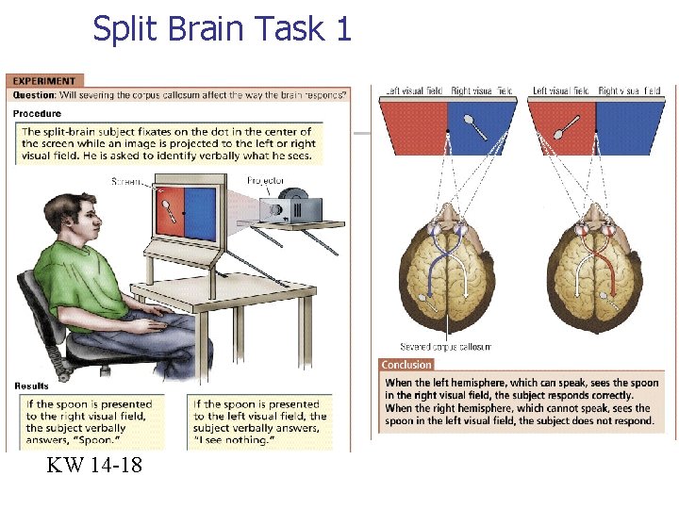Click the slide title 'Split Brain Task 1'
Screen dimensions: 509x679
[222, 29]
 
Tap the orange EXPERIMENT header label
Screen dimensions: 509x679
[44, 81]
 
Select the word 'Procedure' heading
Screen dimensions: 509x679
[37, 113]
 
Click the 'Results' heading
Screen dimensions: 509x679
[32, 386]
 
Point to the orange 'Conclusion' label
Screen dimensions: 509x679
[406, 365]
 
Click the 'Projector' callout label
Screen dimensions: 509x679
[265, 180]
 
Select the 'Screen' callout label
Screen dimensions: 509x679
[126, 181]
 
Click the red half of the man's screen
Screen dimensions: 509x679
[169, 211]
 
